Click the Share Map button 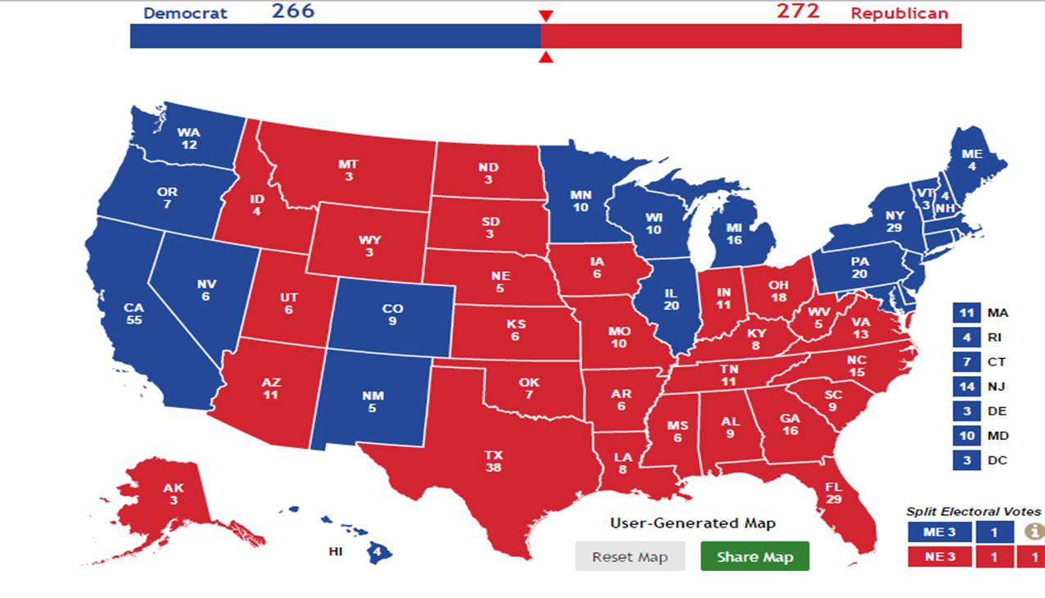point(754,556)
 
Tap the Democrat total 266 point(292,11)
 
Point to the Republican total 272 point(798,11)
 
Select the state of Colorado point(392,315)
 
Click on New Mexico point(372,401)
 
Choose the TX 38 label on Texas point(493,460)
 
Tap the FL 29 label point(834,492)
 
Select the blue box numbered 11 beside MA point(966,313)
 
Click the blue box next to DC point(966,460)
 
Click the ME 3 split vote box point(939,532)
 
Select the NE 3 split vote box point(939,557)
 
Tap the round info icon point(1035,532)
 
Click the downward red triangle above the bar point(546,16)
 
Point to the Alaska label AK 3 point(174,493)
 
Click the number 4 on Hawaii point(377,552)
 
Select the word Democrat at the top point(185,13)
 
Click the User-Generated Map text point(692,523)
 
